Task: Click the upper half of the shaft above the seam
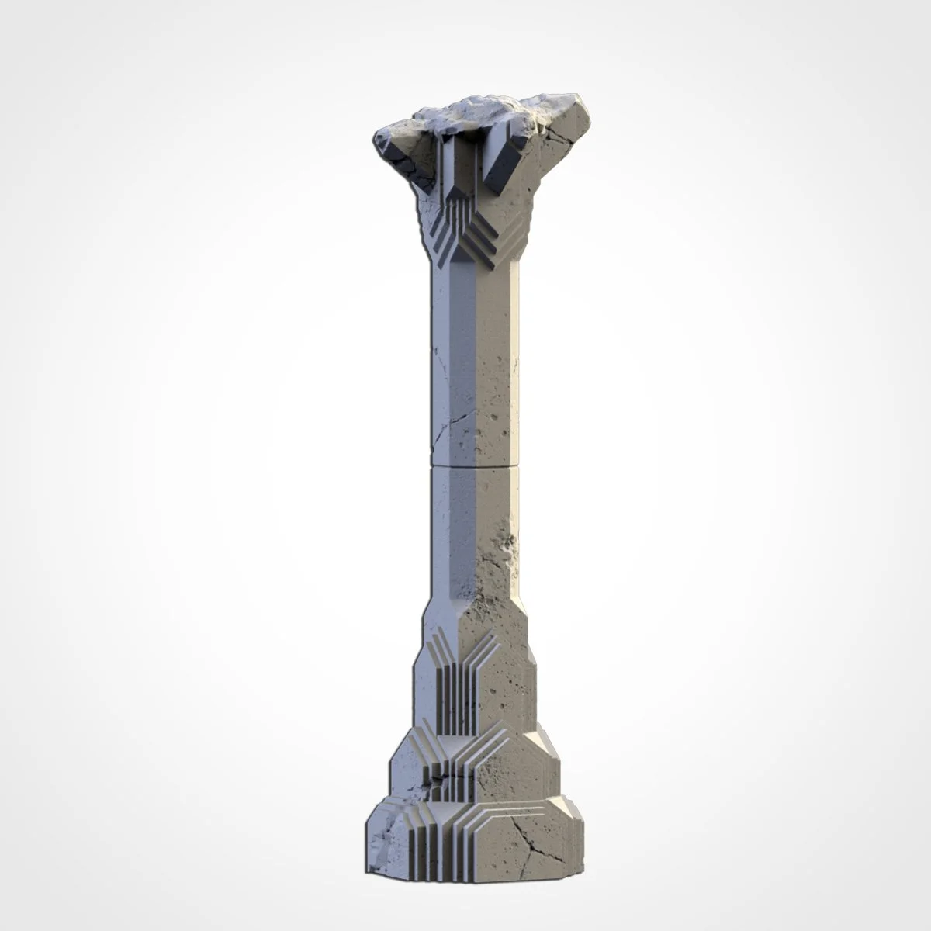(x=477, y=349)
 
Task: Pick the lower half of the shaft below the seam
(x=477, y=543)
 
